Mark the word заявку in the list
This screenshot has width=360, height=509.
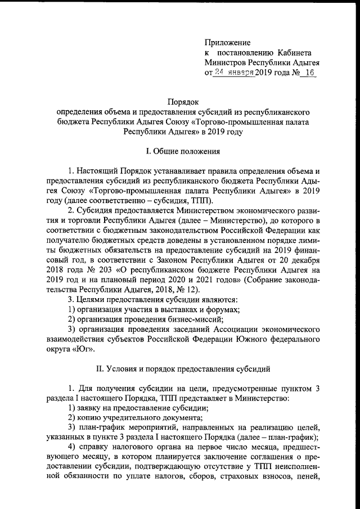click(91, 408)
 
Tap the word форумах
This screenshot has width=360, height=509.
click(223, 309)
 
